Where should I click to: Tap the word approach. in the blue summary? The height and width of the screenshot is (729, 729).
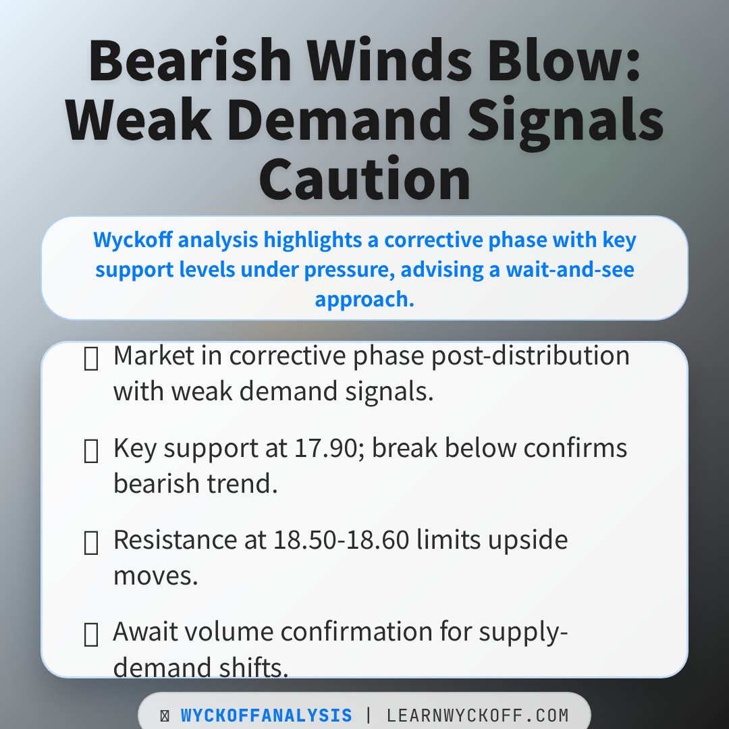coord(364,298)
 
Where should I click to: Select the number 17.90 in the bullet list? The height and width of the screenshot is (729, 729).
coord(329,448)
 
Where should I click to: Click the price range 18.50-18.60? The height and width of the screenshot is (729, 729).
coord(342,539)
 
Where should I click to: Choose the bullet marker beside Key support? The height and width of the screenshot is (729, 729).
coord(90,452)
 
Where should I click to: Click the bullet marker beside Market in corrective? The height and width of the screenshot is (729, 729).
coord(90,360)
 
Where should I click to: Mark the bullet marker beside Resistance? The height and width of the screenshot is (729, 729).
coord(90,543)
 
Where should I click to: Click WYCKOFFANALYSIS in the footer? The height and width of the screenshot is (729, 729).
coord(266,715)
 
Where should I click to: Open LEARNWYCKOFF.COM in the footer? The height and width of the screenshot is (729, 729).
coord(478,715)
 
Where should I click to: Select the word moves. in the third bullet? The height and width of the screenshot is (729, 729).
coord(155,575)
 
